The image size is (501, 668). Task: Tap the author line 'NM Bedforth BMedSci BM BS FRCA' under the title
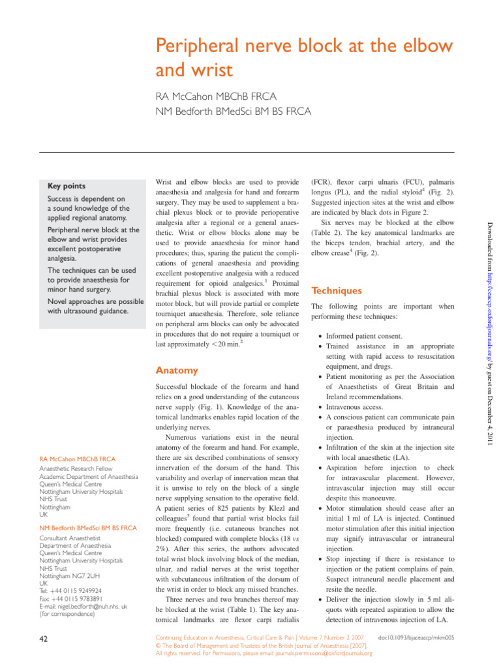[x=233, y=112]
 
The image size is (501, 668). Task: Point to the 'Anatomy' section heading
[x=176, y=371]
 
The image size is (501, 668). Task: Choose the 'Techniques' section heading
[x=336, y=290]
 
